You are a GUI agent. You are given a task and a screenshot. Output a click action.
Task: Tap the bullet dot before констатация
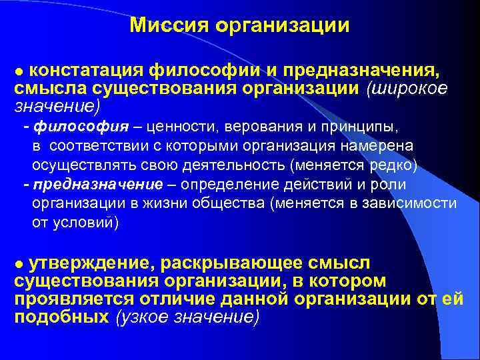[x=19, y=71]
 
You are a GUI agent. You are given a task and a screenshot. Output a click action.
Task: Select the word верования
[x=237, y=126]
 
